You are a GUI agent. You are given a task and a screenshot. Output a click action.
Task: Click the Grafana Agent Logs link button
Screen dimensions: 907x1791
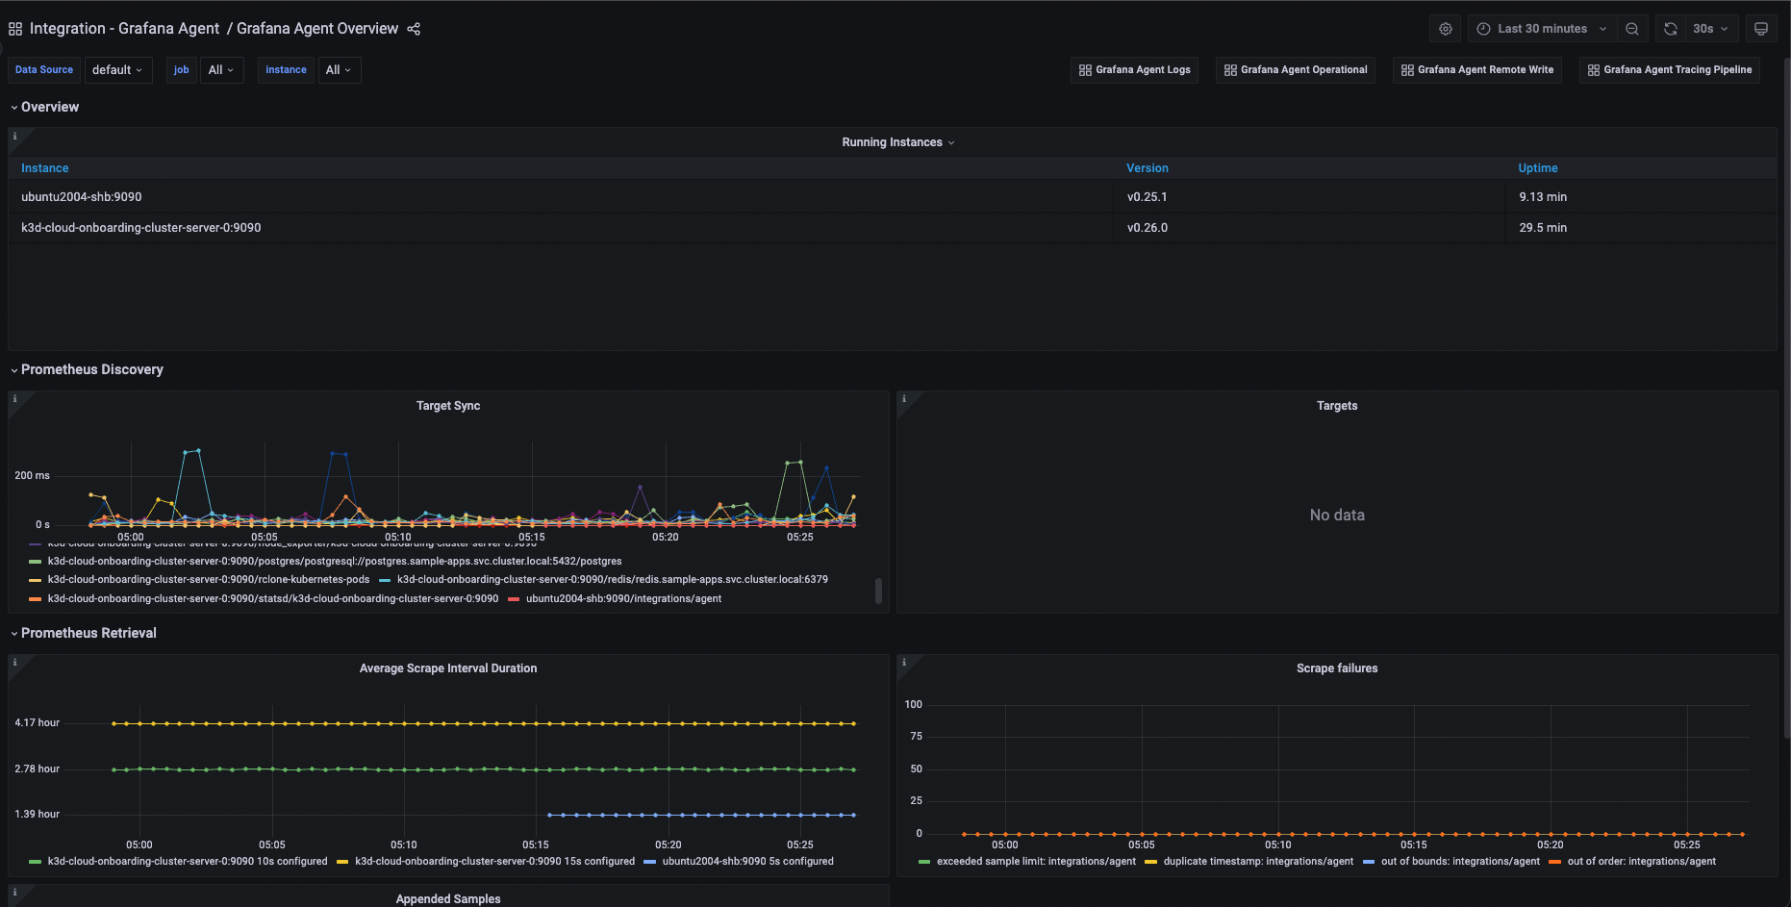pyautogui.click(x=1134, y=70)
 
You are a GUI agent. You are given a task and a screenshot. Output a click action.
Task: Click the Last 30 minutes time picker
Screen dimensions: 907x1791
pyautogui.click(x=1541, y=29)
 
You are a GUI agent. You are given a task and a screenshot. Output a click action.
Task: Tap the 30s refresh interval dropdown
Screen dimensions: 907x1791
pyautogui.click(x=1709, y=29)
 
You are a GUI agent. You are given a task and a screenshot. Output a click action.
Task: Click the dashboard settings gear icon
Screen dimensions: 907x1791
pyautogui.click(x=1445, y=29)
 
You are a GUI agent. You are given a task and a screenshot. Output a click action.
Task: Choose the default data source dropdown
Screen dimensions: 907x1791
pyautogui.click(x=117, y=70)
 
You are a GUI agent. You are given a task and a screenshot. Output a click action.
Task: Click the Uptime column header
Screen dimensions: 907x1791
pyautogui.click(x=1537, y=168)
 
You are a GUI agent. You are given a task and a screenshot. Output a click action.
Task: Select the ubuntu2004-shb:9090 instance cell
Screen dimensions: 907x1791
pyautogui.click(x=82, y=197)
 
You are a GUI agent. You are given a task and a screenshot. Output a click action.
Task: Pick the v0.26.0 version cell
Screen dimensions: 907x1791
pyautogui.click(x=1147, y=228)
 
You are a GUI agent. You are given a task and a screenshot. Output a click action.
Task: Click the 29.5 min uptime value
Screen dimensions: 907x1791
pyautogui.click(x=1542, y=228)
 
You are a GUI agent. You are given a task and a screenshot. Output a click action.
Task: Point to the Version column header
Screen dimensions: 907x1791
pyautogui.click(x=1147, y=168)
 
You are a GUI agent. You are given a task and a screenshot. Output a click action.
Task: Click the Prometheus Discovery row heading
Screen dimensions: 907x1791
pyautogui.click(x=91, y=369)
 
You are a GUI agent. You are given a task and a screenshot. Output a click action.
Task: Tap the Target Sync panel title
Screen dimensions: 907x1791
pyautogui.click(x=447, y=406)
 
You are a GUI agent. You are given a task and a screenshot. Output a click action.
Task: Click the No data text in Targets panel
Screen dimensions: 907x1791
pyautogui.click(x=1336, y=516)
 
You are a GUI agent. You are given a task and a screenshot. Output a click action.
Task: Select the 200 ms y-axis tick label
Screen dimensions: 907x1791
pyautogui.click(x=32, y=475)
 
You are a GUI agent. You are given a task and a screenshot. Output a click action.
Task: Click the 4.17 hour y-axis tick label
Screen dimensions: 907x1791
pyautogui.click(x=37, y=722)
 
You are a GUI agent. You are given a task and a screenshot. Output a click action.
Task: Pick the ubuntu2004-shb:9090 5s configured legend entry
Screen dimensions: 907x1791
pyautogui.click(x=746, y=862)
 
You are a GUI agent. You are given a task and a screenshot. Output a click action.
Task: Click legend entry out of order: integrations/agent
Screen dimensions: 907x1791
pyautogui.click(x=1640, y=862)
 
